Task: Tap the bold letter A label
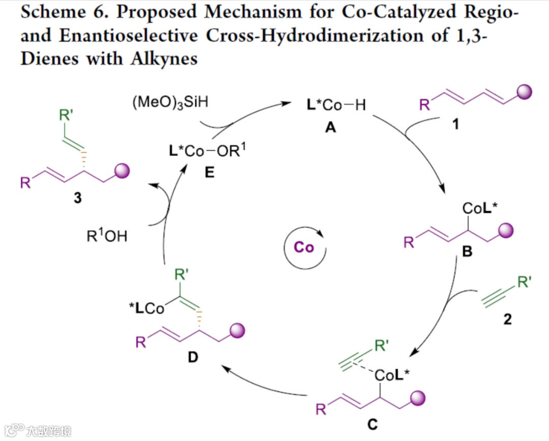point(331,128)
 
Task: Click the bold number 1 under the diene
point(455,123)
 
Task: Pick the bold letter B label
point(467,250)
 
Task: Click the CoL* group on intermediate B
point(479,208)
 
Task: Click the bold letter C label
point(373,425)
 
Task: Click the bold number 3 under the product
point(77,198)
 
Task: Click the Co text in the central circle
point(304,247)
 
